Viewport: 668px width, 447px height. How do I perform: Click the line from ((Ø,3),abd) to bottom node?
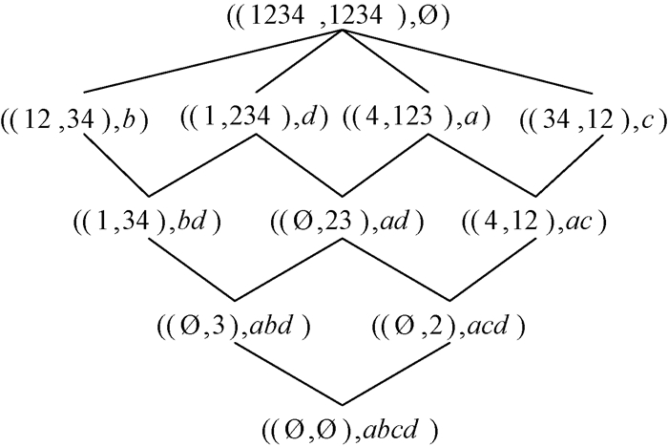pyautogui.click(x=287, y=372)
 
